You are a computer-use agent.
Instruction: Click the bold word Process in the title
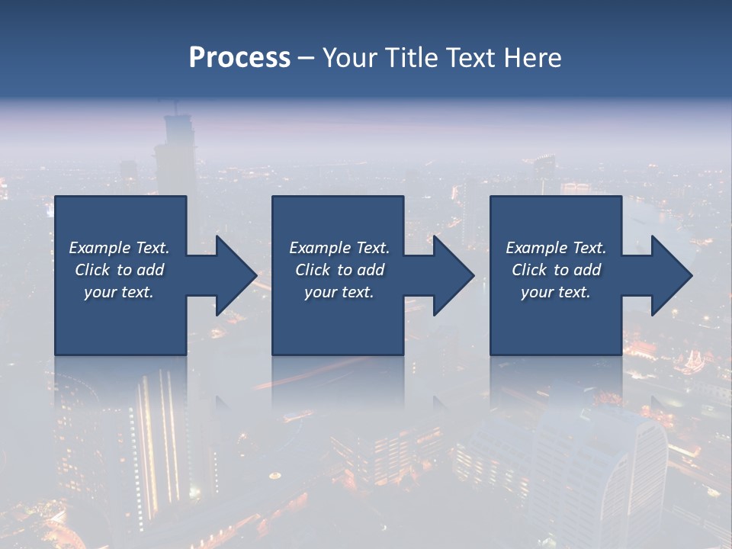pos(239,58)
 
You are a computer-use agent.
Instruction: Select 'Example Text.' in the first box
pos(119,248)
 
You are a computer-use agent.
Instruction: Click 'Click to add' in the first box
pos(119,270)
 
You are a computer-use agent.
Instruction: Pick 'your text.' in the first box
pos(119,292)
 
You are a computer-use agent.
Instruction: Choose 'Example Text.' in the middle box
pos(339,248)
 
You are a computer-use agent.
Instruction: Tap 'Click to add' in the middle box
pos(339,270)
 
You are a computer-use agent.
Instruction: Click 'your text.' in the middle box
pos(339,292)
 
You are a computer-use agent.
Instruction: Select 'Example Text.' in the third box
pos(556,248)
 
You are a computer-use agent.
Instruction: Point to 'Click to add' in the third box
pos(556,270)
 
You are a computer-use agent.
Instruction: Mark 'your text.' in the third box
pos(556,292)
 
